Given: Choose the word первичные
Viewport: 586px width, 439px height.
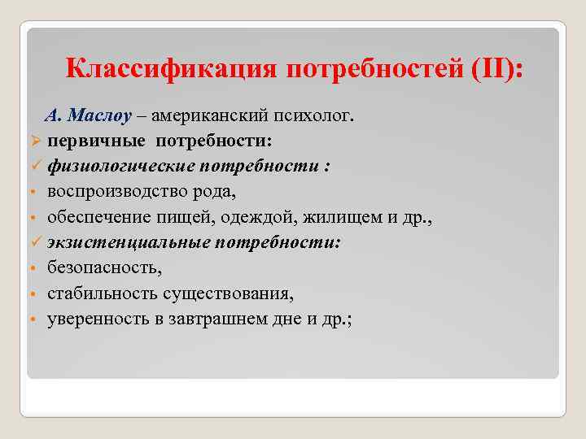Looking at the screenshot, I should (x=93, y=141).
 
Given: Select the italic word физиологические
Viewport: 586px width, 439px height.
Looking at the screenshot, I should (x=120, y=166).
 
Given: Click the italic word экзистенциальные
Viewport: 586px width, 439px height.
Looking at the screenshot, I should (x=127, y=242).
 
